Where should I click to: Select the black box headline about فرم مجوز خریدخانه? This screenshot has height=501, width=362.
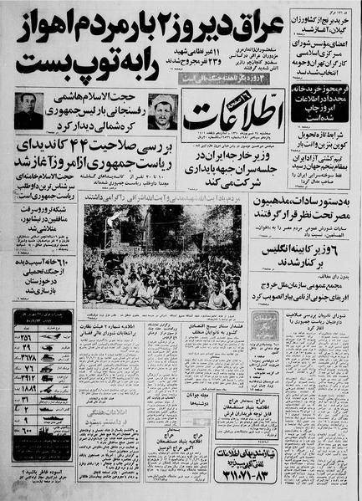[x=313, y=79]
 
